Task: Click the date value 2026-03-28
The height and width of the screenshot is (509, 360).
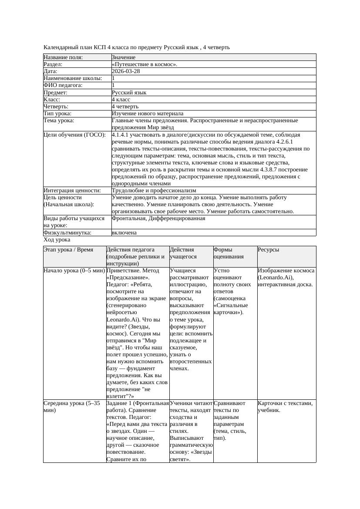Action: (x=126, y=71)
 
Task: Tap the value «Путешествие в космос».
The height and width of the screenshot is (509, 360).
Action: (x=145, y=64)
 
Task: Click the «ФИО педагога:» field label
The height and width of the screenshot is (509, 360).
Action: (x=63, y=85)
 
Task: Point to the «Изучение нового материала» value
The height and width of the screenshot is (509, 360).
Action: (x=148, y=113)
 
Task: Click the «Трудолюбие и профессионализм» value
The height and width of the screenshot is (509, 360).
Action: (x=154, y=191)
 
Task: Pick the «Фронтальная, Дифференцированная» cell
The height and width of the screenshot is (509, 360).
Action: (x=158, y=218)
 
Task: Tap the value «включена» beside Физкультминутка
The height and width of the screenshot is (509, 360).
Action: (x=124, y=233)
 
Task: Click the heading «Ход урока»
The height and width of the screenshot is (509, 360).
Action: (x=57, y=240)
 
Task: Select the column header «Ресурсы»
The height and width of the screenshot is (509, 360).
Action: (x=269, y=250)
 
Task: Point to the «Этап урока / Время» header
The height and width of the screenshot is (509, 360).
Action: (x=68, y=250)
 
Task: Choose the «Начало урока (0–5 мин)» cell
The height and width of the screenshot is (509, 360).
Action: (x=74, y=271)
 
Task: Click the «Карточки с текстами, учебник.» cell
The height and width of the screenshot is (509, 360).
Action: (x=285, y=406)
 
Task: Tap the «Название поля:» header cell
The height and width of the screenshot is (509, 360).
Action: (x=63, y=57)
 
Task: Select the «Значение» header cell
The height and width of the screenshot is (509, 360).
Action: (x=124, y=57)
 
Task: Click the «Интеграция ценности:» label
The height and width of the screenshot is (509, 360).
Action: (x=72, y=191)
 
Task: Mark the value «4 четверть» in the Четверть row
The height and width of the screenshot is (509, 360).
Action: (x=125, y=106)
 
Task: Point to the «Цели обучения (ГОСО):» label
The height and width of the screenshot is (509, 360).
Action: (x=74, y=135)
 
